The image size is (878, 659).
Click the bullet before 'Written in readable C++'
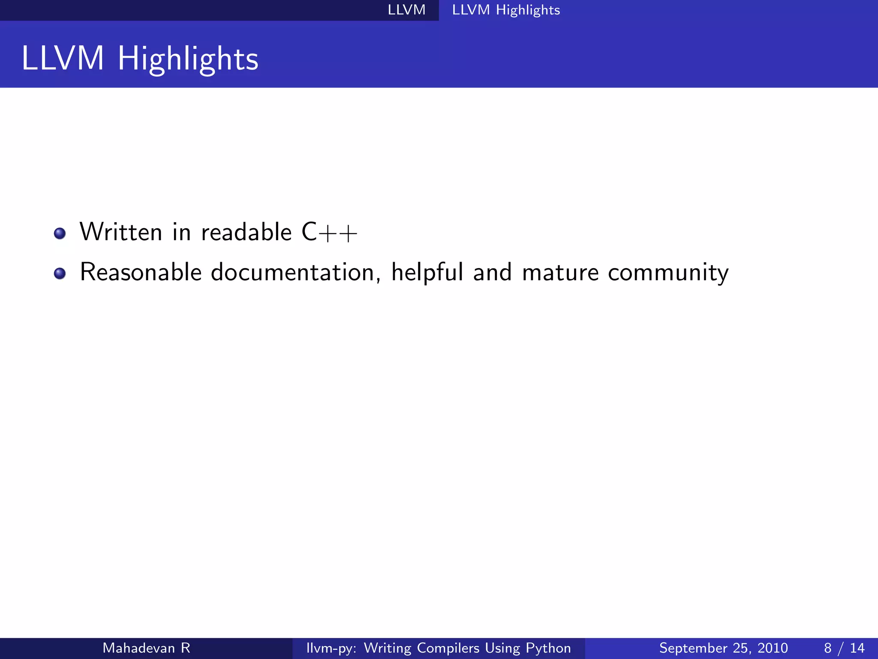pos(60,233)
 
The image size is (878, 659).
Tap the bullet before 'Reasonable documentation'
pos(60,273)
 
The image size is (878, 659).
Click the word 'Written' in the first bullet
pos(121,232)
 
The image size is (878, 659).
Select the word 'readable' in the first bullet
pos(246,232)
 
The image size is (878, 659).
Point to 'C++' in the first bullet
pos(329,233)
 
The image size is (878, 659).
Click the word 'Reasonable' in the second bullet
pos(141,272)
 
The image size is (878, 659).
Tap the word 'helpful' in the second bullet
pos(427,272)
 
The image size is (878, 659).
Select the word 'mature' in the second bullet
pos(560,273)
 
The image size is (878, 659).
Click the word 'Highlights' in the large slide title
pos(188,59)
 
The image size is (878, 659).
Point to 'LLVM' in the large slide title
pos(63,58)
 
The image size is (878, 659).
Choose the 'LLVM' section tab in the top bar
pos(406,10)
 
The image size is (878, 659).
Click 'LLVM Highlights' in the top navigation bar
pos(506,10)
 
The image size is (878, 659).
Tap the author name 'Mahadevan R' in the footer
pos(146,648)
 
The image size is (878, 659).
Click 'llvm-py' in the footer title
pos(331,648)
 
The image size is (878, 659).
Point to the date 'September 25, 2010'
pos(723,648)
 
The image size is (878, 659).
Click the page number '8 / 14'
pos(844,648)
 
